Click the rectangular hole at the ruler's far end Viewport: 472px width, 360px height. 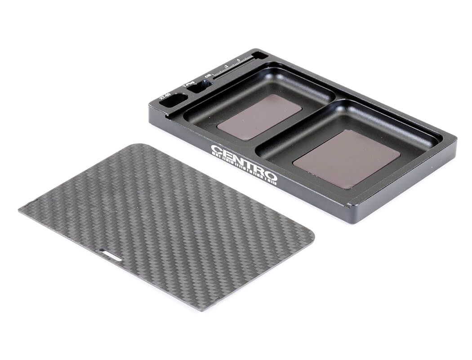[x=260, y=55]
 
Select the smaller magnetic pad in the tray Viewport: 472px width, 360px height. [x=259, y=117]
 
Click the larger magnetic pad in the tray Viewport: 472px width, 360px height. [x=347, y=158]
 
